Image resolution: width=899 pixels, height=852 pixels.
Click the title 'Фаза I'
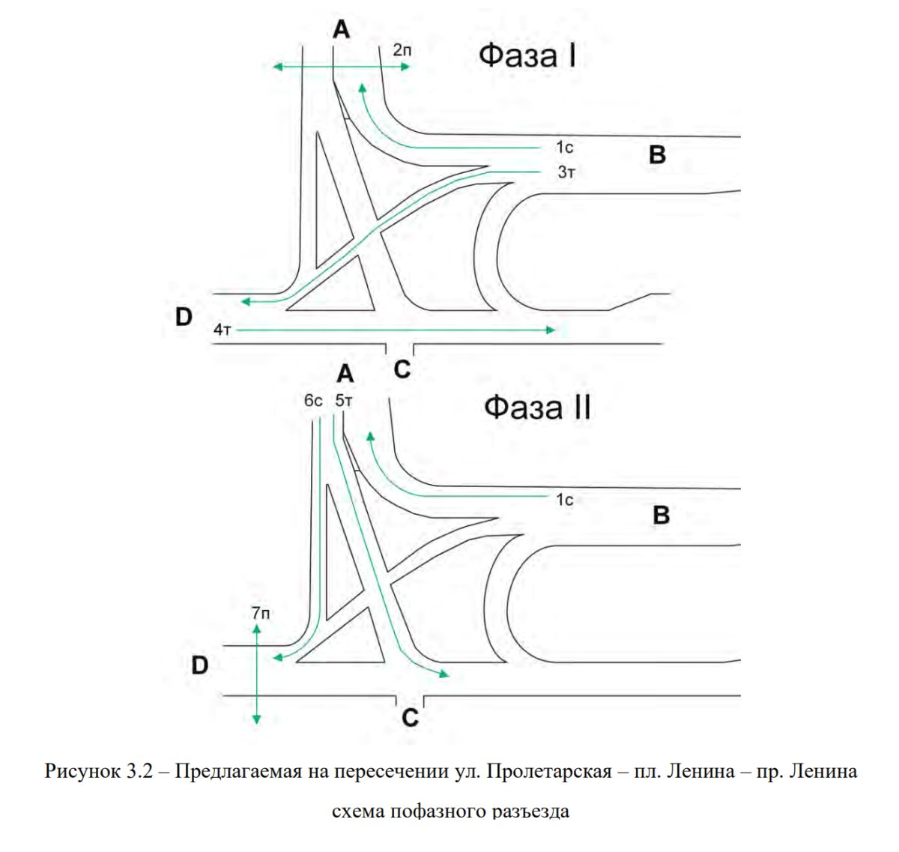click(x=527, y=55)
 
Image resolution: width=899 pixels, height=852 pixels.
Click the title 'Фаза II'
click(x=537, y=408)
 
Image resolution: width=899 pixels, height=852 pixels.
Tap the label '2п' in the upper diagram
click(x=402, y=50)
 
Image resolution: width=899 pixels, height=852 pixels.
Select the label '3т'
click(x=566, y=172)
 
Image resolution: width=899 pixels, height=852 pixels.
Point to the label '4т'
click(x=223, y=329)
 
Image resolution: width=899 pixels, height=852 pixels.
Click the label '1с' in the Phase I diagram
click(x=564, y=148)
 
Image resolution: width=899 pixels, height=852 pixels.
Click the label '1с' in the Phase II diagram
click(x=564, y=499)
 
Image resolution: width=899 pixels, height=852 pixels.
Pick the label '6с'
click(x=313, y=400)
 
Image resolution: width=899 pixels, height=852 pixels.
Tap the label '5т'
click(x=344, y=400)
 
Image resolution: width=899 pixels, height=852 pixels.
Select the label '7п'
click(x=261, y=613)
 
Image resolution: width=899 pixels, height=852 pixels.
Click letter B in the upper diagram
click(x=657, y=154)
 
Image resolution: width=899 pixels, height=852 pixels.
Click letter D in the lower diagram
click(x=200, y=665)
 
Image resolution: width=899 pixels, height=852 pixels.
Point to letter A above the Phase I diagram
click(x=341, y=30)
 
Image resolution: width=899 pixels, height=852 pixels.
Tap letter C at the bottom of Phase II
click(x=410, y=717)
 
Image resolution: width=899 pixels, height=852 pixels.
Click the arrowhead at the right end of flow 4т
click(x=551, y=330)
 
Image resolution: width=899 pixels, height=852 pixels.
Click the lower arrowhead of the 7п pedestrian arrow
click(x=256, y=720)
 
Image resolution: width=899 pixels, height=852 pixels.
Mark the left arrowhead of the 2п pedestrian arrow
click(x=277, y=67)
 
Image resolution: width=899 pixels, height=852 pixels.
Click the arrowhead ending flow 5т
click(x=444, y=674)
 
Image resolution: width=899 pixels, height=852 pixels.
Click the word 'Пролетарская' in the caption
click(x=548, y=771)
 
